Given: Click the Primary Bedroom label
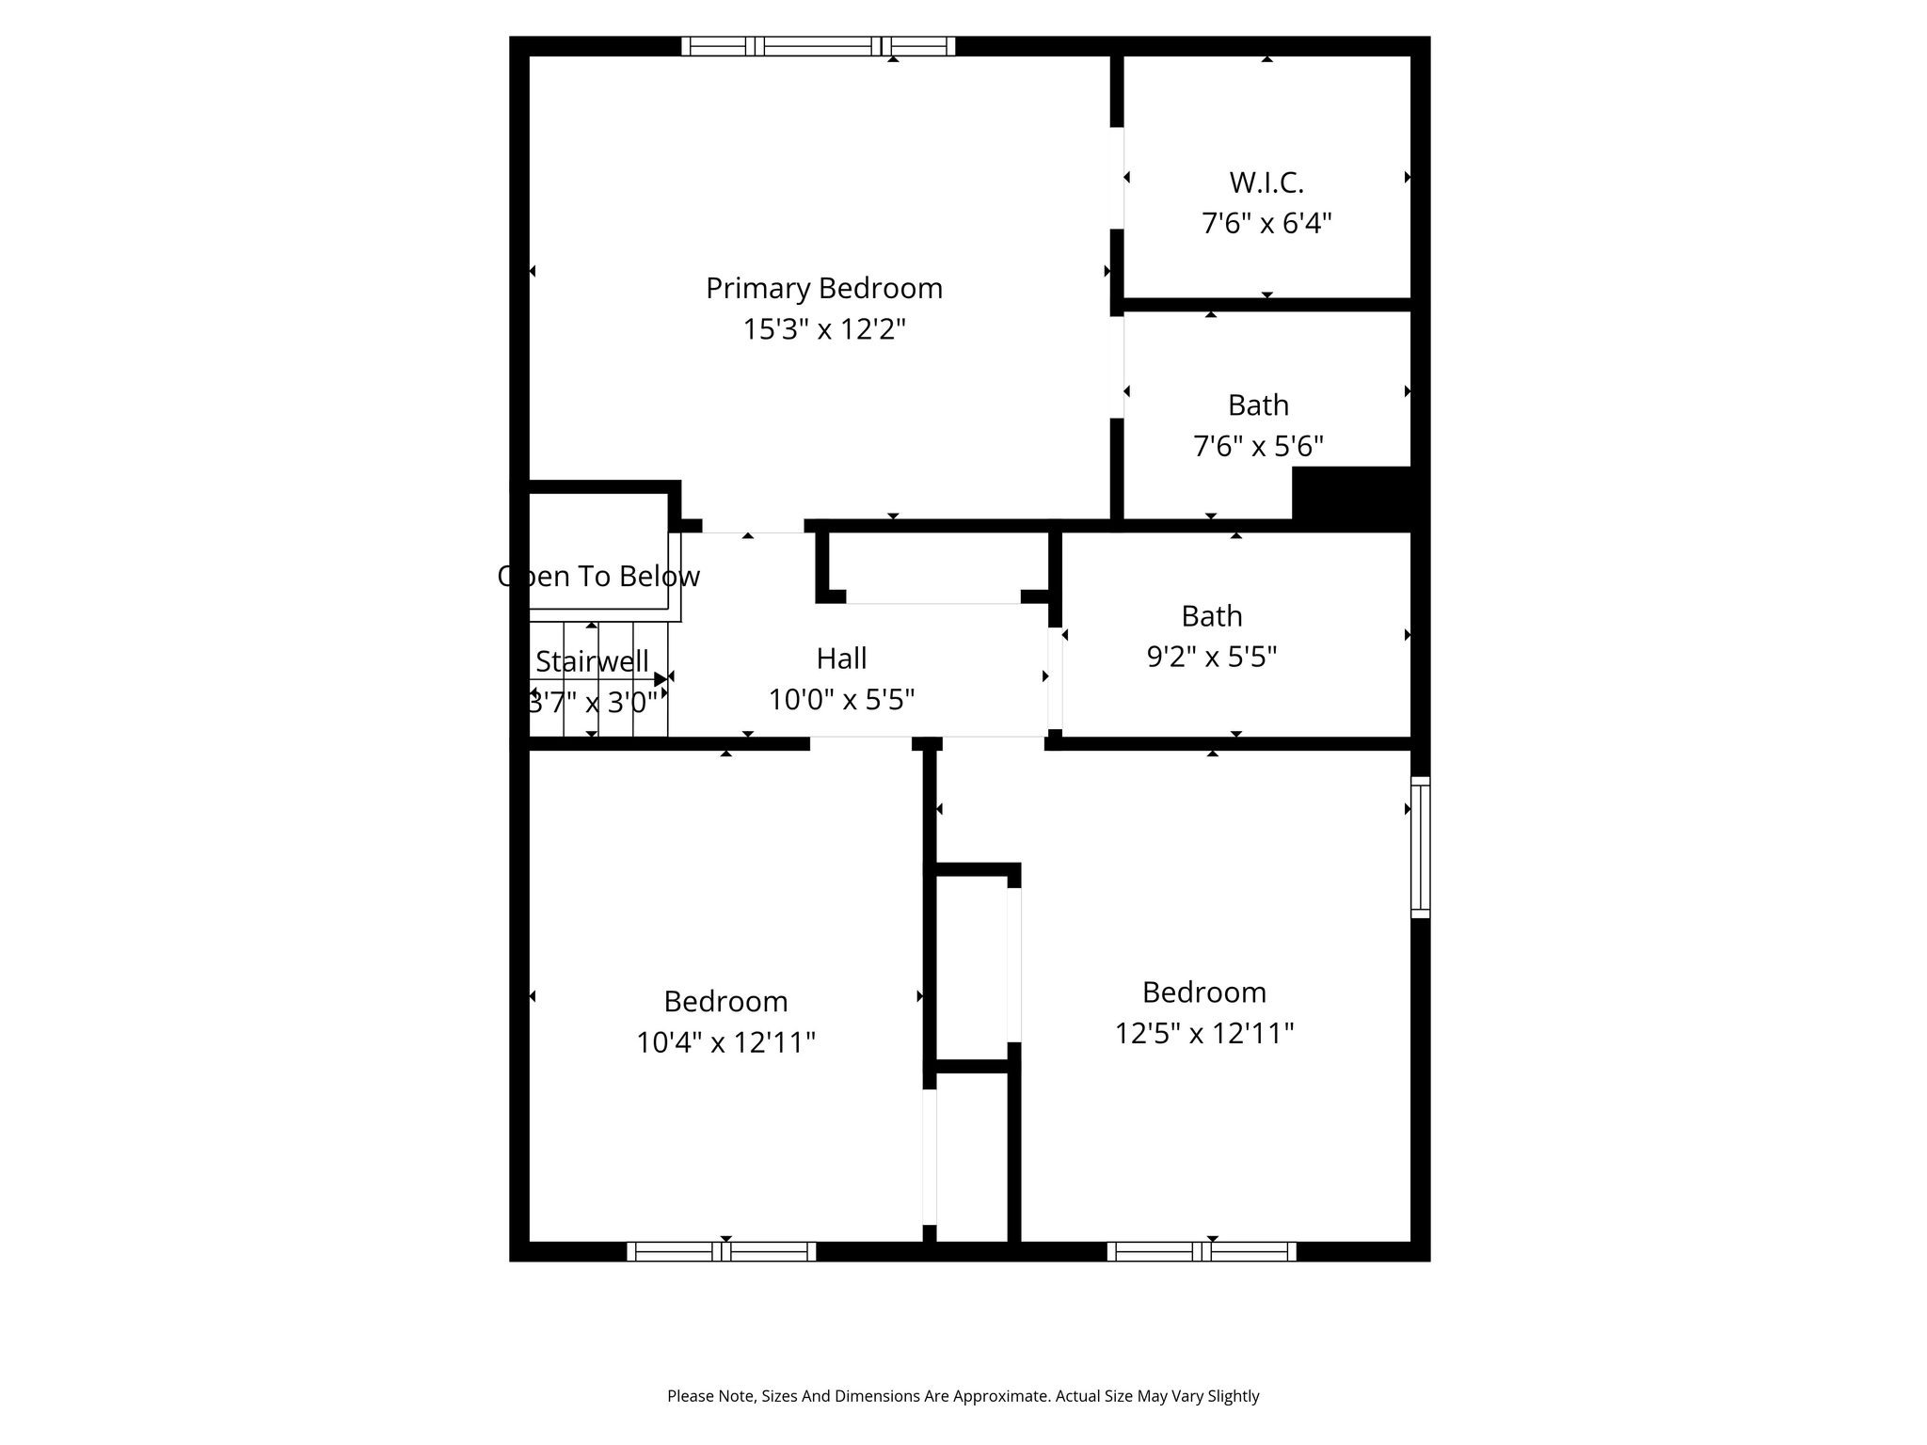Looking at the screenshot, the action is pyautogui.click(x=824, y=289).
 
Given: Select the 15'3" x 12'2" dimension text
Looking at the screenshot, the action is pyautogui.click(x=824, y=330).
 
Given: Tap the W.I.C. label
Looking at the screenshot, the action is pyautogui.click(x=1266, y=183).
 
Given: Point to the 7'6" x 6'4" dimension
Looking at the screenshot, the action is pyautogui.click(x=1266, y=224).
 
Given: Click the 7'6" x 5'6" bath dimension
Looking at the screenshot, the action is pyautogui.click(x=1259, y=446).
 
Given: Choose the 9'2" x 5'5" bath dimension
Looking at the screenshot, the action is pyautogui.click(x=1212, y=657).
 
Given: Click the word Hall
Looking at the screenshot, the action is pyautogui.click(x=841, y=659).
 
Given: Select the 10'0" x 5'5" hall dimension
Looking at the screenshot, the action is pyautogui.click(x=841, y=700).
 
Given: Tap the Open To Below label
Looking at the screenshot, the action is pyautogui.click(x=598, y=577).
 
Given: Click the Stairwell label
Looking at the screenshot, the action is pyautogui.click(x=592, y=661).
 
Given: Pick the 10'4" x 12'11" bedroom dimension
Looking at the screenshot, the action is pyautogui.click(x=725, y=1043).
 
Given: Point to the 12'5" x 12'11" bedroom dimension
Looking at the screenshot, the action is pyautogui.click(x=1204, y=1034).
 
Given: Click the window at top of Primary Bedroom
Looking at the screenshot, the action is pyautogui.click(x=818, y=46).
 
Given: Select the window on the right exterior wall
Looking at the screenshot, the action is pyautogui.click(x=1420, y=847).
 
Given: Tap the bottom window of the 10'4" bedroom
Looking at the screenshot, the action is pyautogui.click(x=722, y=1251).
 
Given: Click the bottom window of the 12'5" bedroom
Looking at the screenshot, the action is pyautogui.click(x=1202, y=1251).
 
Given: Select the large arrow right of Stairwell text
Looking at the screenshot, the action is pyautogui.click(x=661, y=679).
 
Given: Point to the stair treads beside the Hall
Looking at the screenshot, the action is pyautogui.click(x=598, y=678).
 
